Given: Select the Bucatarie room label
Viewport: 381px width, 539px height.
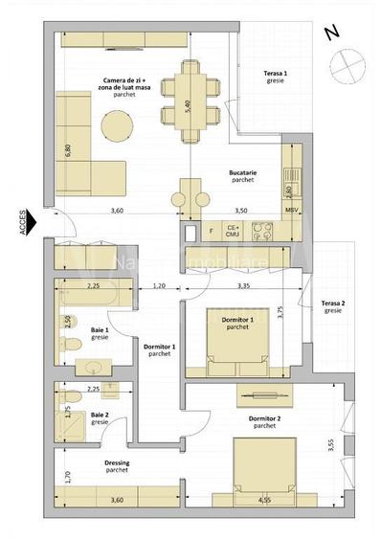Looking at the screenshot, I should (x=241, y=175).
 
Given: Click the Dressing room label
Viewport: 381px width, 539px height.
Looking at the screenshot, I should (x=117, y=466).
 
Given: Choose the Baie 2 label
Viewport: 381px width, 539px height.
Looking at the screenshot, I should (x=99, y=418).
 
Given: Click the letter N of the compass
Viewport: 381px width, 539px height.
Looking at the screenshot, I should (x=331, y=33).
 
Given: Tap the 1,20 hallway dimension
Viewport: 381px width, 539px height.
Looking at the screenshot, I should (x=159, y=285).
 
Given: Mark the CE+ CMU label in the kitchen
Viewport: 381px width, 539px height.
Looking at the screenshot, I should (x=231, y=230).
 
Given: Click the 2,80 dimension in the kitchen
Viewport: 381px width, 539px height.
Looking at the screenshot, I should (x=287, y=191).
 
